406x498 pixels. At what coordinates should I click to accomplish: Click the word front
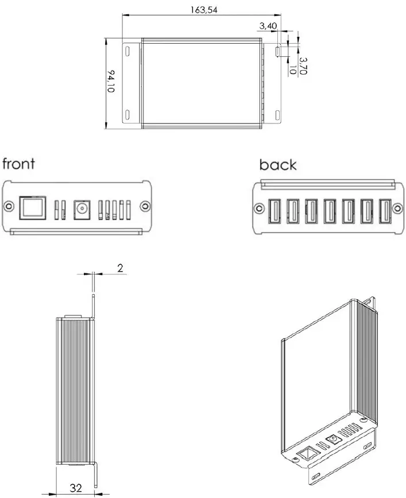pos(19,164)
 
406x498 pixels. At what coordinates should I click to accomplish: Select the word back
pos(278,165)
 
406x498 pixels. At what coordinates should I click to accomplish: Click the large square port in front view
pos(31,207)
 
